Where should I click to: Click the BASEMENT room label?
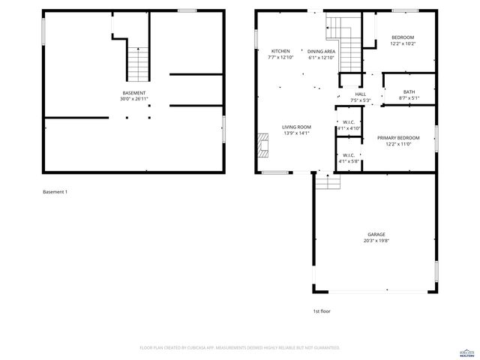coord(133,93)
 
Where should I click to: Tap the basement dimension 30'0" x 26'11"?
coord(133,99)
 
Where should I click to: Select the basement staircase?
coord(138,64)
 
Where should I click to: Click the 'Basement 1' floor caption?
coord(55,192)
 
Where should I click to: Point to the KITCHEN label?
coord(280,51)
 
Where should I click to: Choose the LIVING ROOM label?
coord(296,127)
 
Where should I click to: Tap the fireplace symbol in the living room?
coord(263,145)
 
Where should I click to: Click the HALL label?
coord(361,94)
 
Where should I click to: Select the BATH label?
coord(409,91)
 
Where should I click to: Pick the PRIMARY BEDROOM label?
coord(398,138)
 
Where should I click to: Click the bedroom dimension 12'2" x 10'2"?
coord(403,43)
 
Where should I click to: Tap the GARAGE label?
coord(376,235)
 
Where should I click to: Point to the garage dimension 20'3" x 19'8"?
coord(376,241)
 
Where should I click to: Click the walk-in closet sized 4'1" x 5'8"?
coord(349,157)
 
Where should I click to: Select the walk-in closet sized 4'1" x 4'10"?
coord(349,125)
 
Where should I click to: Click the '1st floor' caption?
coord(322,310)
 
